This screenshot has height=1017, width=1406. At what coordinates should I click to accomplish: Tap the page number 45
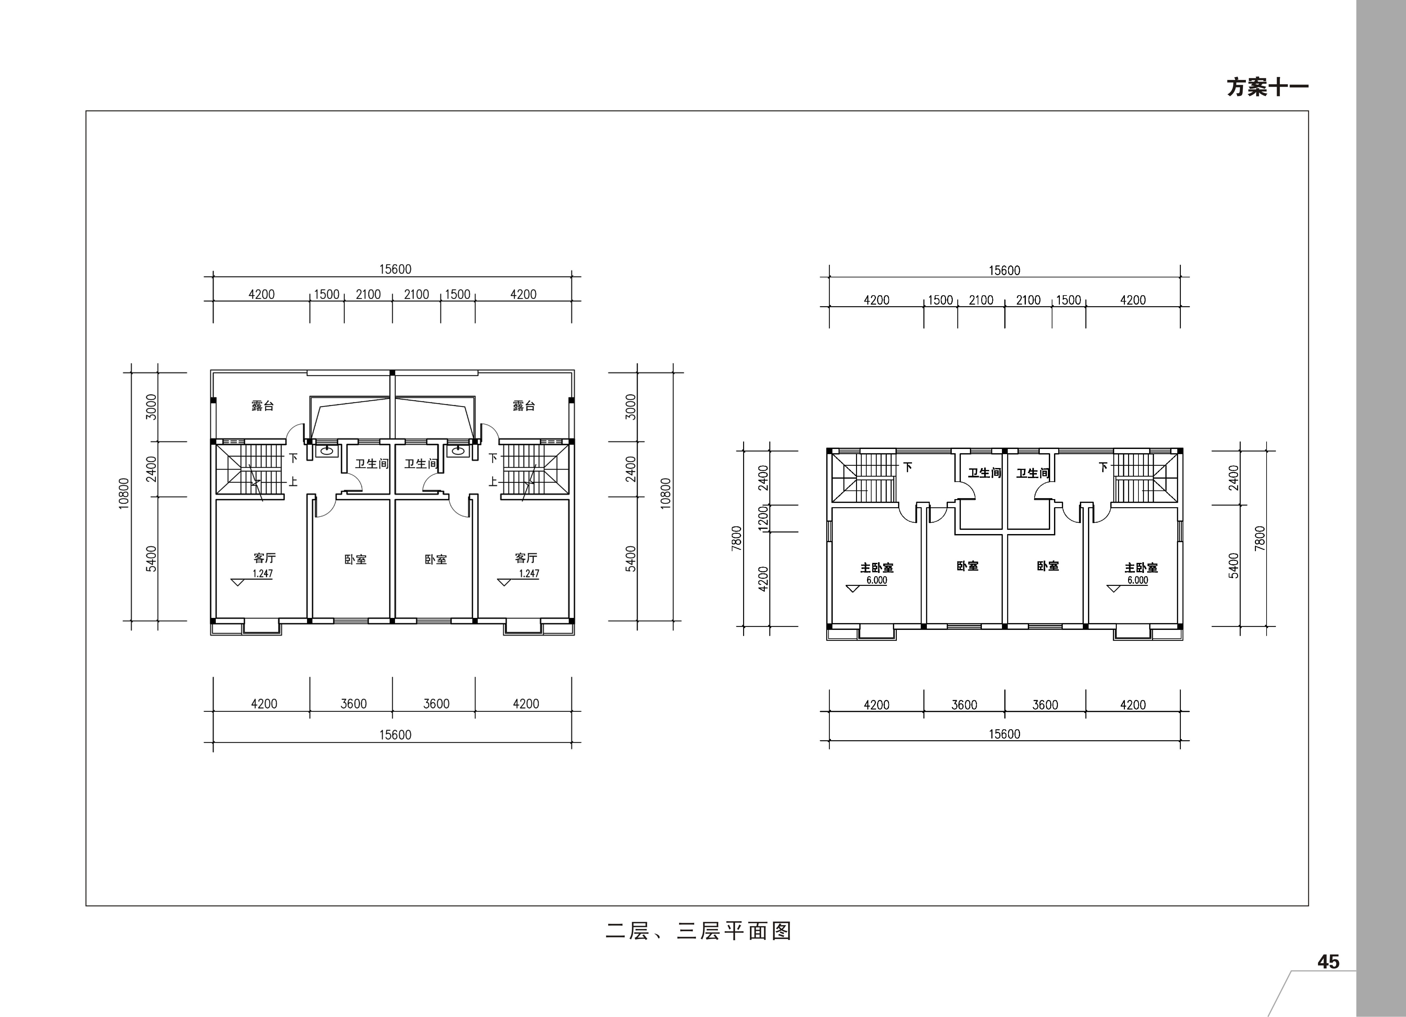(x=1328, y=961)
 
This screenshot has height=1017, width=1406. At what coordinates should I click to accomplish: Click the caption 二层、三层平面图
(x=699, y=931)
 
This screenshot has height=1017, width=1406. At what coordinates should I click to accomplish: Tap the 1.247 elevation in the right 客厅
(x=529, y=574)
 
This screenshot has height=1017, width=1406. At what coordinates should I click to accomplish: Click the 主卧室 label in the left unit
(x=877, y=567)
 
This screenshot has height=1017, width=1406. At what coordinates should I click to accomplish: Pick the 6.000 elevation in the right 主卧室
(x=1137, y=580)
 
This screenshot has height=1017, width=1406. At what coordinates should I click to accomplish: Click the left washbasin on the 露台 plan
(x=326, y=451)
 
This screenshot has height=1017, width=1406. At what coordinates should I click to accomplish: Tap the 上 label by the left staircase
(x=293, y=481)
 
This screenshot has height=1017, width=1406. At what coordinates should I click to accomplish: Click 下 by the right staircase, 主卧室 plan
(x=1103, y=467)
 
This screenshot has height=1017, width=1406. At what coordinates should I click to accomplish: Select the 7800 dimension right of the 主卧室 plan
(x=1259, y=538)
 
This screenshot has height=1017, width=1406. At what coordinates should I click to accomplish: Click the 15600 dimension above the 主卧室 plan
(x=1004, y=270)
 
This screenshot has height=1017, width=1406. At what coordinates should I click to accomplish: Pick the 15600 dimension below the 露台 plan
(x=396, y=735)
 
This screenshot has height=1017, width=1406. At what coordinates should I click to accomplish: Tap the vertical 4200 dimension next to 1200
(x=763, y=578)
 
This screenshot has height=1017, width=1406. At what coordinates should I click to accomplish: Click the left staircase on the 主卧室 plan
(x=863, y=478)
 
